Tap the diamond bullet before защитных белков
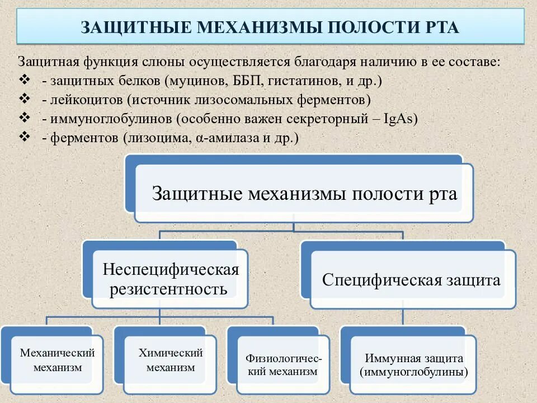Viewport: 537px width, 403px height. (x=24, y=79)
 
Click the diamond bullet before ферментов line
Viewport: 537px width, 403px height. (x=24, y=137)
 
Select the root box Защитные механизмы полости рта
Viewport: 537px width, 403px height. (x=304, y=194)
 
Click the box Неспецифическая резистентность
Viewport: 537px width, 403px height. (x=170, y=279)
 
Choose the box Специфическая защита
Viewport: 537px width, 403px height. (x=412, y=280)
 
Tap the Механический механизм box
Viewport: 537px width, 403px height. (x=57, y=360)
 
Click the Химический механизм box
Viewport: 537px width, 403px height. (x=170, y=360)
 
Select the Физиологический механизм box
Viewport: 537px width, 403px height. (x=283, y=364)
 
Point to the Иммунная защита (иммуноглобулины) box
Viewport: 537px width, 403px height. (x=413, y=364)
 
